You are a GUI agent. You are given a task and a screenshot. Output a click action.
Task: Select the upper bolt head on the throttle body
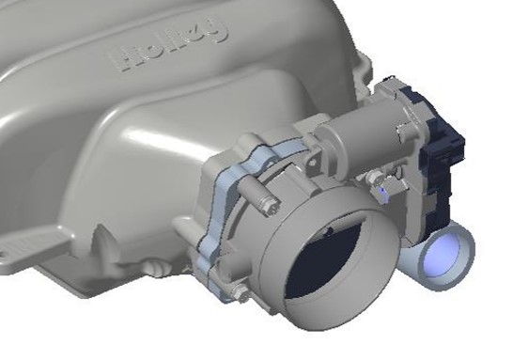(x=272, y=208)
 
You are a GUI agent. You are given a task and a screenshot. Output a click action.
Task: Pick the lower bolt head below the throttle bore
(x=240, y=292)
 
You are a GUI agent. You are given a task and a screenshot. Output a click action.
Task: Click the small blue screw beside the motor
(x=382, y=191)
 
